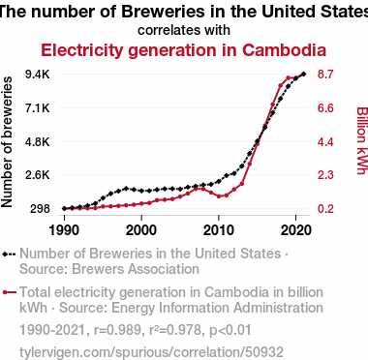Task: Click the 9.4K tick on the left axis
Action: point(38,75)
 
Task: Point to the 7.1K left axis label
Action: point(38,108)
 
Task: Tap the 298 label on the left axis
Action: point(40,209)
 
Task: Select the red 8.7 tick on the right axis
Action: point(325,75)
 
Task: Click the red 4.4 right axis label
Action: point(325,141)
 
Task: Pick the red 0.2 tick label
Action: point(325,209)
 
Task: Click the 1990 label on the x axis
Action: point(64,230)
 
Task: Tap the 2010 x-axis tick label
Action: point(219,230)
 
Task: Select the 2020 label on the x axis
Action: point(296,230)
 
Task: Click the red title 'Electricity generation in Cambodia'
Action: point(184,50)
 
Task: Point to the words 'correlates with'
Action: point(184,30)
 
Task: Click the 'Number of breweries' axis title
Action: point(7,141)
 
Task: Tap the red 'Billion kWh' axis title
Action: point(361,140)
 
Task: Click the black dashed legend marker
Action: point(9,255)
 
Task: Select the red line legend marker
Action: point(9,292)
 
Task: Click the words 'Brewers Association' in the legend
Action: point(136,269)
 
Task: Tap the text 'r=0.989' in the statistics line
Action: point(117,330)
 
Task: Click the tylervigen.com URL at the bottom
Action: point(151,352)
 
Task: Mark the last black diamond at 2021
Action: point(303,75)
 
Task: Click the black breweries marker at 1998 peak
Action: point(126,188)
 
